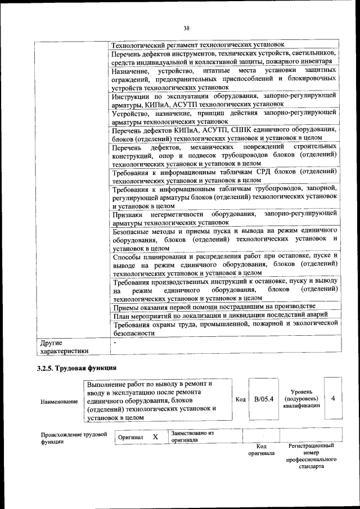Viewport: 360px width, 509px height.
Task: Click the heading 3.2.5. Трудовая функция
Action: [x=76, y=368]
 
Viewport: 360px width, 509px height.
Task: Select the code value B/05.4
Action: [x=263, y=399]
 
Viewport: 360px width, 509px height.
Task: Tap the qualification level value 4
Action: [x=334, y=399]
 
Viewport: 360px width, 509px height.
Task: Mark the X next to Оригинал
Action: [x=155, y=436]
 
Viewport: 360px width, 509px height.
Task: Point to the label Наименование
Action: [x=59, y=402]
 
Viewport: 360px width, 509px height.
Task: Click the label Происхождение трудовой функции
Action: [x=74, y=438]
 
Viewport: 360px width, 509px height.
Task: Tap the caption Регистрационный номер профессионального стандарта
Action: [x=312, y=456]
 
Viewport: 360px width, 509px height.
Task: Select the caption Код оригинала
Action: [x=262, y=449]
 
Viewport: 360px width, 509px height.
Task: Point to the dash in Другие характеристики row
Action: [x=114, y=341]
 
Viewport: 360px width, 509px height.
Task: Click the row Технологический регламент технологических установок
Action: [x=198, y=44]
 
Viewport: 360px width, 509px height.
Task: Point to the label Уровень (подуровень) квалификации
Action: [x=306, y=398]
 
